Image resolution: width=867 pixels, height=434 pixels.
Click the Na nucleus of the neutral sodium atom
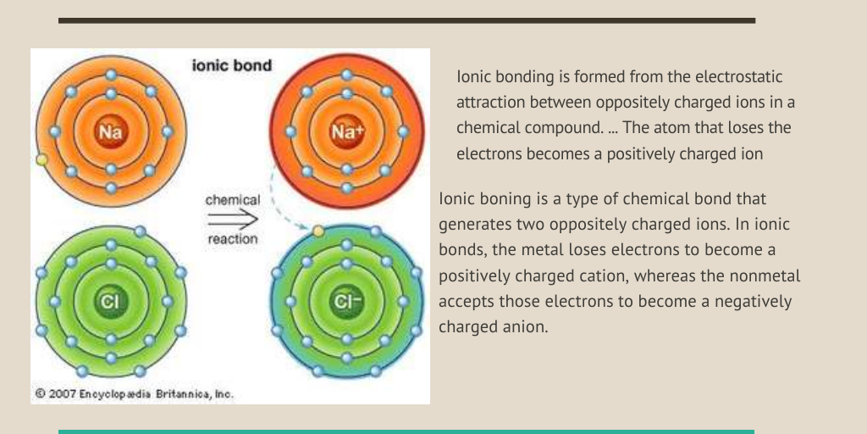111,131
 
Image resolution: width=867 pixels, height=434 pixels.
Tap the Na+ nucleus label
346,131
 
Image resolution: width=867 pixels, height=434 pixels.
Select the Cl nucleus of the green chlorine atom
111,301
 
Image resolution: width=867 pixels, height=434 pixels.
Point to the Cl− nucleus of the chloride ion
346,301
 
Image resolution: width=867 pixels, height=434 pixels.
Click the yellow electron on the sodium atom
41,160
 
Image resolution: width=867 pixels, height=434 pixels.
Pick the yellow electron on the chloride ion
318,231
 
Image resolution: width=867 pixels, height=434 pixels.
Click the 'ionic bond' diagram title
232,65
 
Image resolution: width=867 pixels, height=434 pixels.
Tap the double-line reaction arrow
233,220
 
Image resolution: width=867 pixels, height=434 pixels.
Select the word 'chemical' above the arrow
232,200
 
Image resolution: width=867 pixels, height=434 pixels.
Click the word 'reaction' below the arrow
232,239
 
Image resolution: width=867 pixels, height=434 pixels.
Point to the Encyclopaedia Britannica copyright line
135,394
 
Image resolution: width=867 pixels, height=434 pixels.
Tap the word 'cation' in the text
603,275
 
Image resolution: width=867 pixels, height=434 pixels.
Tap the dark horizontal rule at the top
407,20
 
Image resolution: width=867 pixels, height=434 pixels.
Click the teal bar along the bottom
406,431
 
